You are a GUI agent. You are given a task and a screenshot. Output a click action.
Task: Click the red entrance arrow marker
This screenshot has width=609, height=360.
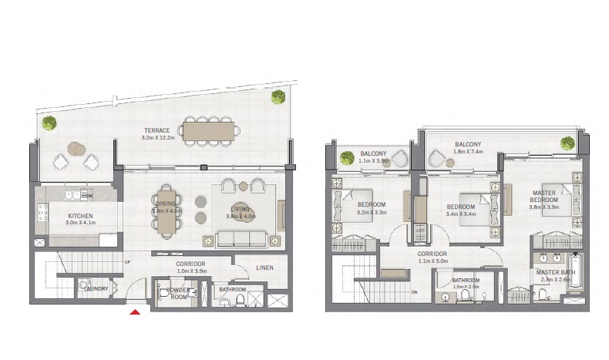pos(135,311)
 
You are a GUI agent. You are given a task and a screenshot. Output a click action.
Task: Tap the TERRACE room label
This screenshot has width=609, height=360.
pos(156,130)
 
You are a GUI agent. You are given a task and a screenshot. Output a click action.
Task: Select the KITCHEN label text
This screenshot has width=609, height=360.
pos(80,217)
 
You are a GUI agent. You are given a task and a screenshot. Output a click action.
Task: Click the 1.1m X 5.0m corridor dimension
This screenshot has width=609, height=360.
pos(432,261)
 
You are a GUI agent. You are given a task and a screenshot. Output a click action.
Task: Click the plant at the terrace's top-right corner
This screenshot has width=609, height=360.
pos(277,96)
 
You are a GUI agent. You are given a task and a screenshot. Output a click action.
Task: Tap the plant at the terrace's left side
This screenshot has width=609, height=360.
pos(49,122)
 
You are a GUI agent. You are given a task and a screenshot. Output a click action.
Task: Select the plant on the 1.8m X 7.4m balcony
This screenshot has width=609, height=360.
pos(568,143)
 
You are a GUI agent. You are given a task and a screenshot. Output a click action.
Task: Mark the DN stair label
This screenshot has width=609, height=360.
pos(415,292)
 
